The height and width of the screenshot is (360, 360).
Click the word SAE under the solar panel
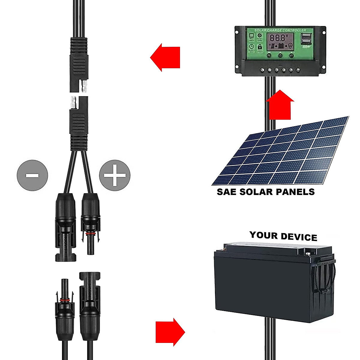coord(226,192)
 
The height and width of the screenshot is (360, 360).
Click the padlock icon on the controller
coord(260,47)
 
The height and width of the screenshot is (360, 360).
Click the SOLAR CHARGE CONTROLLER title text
coord(280,30)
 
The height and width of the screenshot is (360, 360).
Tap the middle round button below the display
coord(280,55)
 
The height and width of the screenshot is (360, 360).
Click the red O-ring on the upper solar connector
coord(89,233)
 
